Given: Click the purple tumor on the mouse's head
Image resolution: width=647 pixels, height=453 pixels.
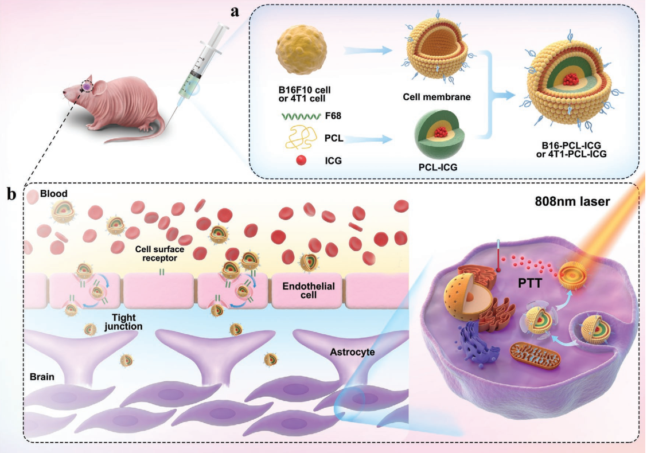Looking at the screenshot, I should tap(86, 86).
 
